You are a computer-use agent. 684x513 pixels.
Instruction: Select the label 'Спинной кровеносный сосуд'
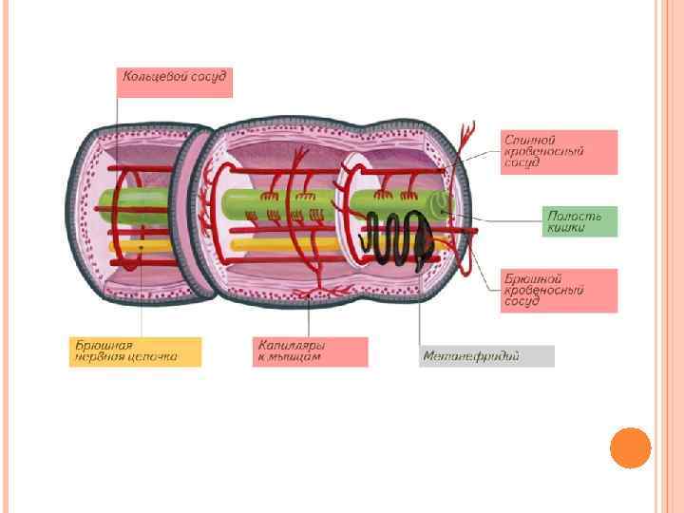(560, 152)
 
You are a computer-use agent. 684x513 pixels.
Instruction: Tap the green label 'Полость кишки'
(579, 221)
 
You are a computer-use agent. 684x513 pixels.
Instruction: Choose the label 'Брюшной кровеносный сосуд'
(560, 290)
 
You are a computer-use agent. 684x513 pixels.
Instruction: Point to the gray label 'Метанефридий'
(486, 356)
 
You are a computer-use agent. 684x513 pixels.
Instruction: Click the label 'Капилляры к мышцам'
(311, 351)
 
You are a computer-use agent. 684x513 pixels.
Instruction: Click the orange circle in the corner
(630, 447)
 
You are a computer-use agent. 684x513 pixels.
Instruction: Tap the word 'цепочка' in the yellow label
(152, 357)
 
